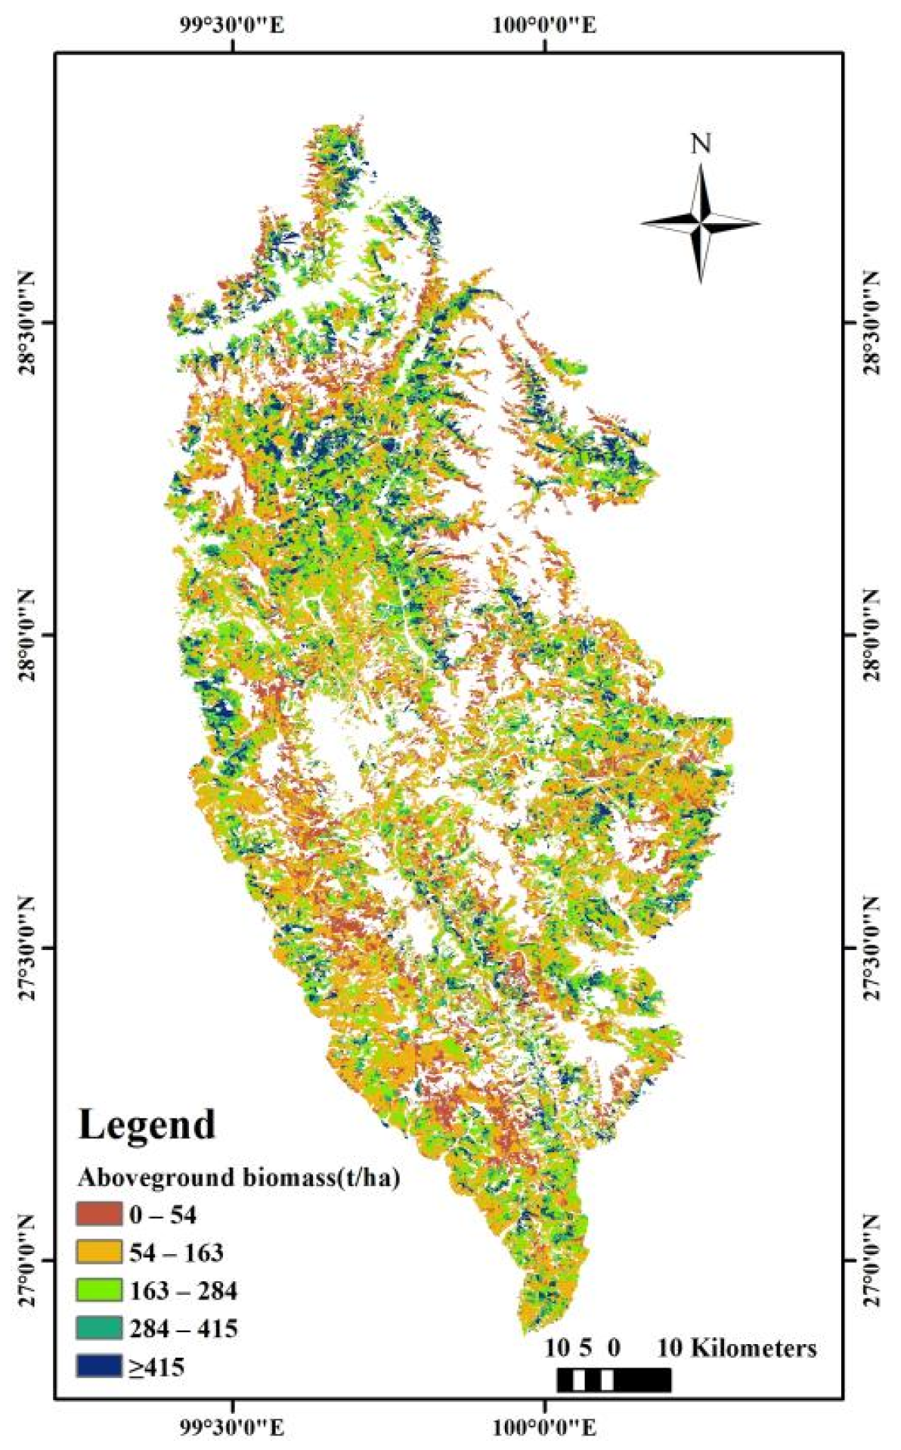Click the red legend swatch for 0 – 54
(x=98, y=1214)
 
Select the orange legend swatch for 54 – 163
(x=98, y=1252)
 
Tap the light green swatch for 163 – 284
(x=98, y=1290)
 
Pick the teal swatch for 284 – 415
(x=98, y=1327)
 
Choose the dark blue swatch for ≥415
(x=98, y=1365)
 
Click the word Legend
(x=147, y=1125)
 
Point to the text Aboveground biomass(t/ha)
(x=238, y=1178)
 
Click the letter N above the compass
(x=701, y=144)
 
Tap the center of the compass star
(x=701, y=223)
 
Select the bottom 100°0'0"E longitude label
(x=545, y=1427)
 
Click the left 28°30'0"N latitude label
(x=27, y=324)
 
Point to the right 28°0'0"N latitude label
(x=873, y=635)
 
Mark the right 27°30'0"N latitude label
(x=873, y=948)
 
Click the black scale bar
(x=614, y=1380)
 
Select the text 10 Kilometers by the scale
(x=737, y=1348)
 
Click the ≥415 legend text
(x=156, y=1367)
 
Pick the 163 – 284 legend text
(x=183, y=1290)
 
